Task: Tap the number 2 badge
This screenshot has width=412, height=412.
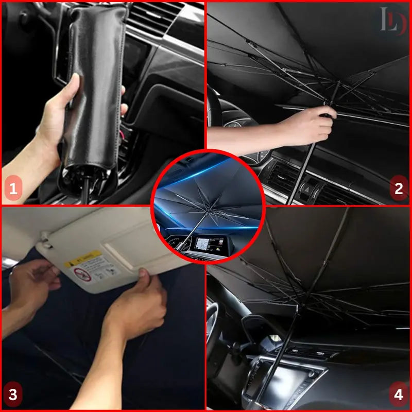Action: pos(398,188)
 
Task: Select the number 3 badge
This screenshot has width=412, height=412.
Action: pos(13,395)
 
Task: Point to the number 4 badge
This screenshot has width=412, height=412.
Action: pos(398,395)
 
